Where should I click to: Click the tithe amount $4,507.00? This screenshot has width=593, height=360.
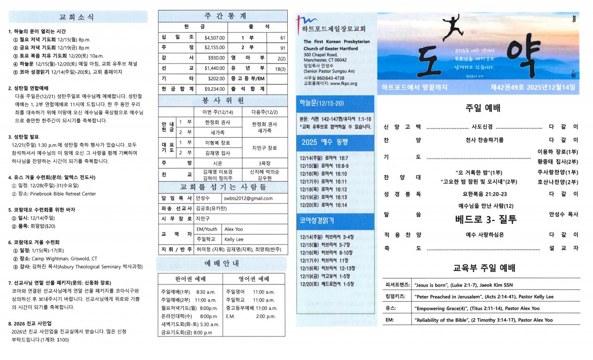214,38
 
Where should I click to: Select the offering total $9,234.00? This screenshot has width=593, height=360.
214,88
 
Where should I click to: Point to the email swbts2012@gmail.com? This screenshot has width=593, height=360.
248,198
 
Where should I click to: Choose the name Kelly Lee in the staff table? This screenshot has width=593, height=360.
234,240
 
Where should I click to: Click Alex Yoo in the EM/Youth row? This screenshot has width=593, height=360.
233,229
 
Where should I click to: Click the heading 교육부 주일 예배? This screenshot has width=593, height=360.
484,268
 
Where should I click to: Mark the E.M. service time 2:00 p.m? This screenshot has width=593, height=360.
266,316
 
